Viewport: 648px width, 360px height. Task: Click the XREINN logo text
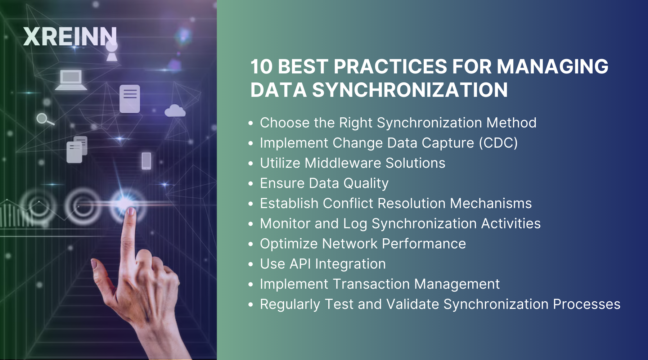coord(70,37)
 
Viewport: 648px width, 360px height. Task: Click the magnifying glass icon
coord(44,118)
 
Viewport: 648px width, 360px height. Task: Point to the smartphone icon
coord(146,161)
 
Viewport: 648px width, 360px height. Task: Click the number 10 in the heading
coord(261,67)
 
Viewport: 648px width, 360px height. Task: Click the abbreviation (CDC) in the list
coord(498,143)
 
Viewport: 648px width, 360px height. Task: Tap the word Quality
coord(366,184)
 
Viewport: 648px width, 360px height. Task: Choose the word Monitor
coord(285,224)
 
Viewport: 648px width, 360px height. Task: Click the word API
coord(300,264)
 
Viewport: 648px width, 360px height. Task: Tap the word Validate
coord(412,304)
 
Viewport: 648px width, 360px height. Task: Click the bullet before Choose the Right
coord(251,123)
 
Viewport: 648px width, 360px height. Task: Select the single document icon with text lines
coord(130,99)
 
